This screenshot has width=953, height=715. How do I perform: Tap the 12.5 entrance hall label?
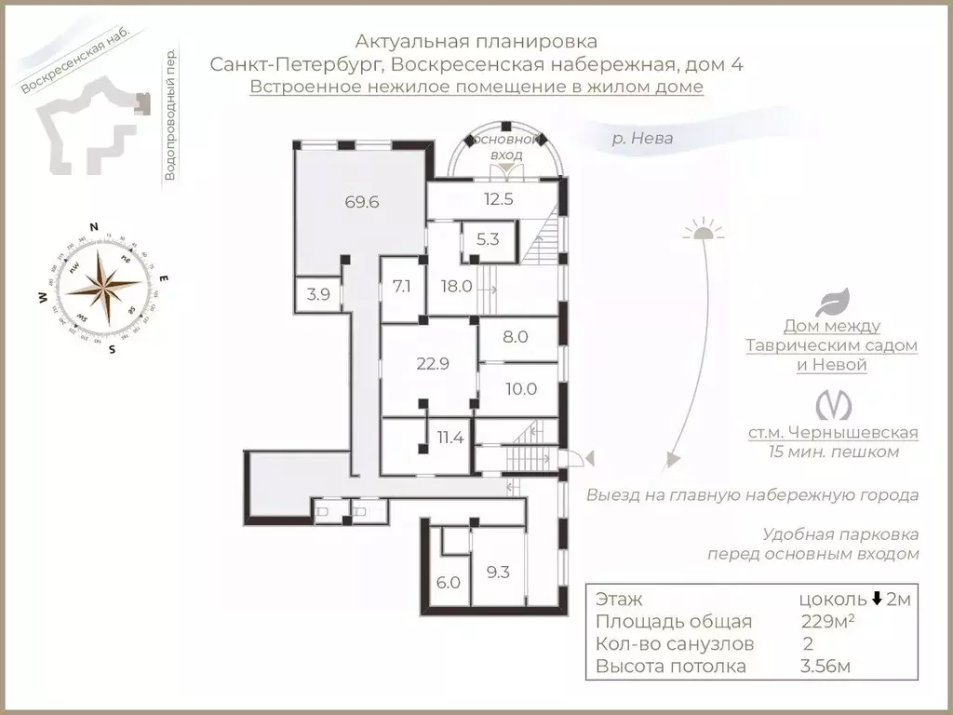coord(499,197)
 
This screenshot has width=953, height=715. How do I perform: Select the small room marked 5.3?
coord(489,238)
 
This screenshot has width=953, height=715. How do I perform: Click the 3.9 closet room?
coord(318,294)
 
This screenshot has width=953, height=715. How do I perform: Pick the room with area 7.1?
coord(402,287)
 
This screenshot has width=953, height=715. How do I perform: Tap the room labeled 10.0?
coord(521,389)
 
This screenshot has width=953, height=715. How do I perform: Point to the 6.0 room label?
coord(449,583)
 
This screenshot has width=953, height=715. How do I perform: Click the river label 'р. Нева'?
coord(641,139)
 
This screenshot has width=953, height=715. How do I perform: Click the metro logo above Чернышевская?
coord(833,406)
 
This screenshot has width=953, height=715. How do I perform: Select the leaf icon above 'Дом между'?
coord(832,303)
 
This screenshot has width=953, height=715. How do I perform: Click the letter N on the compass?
coord(94,226)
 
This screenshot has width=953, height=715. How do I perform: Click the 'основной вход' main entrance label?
coord(503,146)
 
